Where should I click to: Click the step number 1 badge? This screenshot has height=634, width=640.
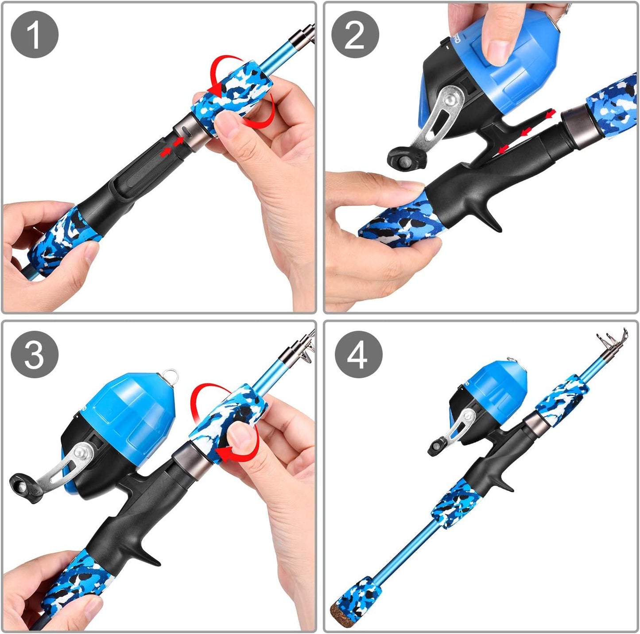[35, 35]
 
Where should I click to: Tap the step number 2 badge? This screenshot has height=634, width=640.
[355, 35]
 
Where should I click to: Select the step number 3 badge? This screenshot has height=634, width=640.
[35, 355]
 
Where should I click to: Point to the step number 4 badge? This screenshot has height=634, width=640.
[358, 355]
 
